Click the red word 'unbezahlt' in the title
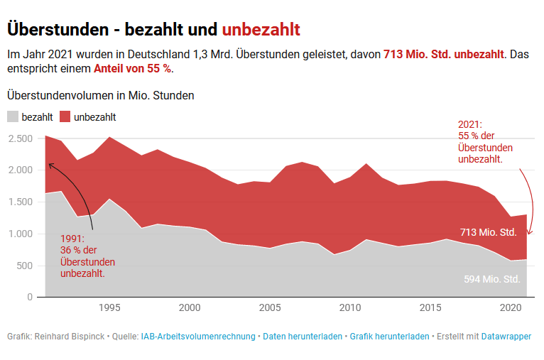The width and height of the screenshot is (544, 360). (261, 29)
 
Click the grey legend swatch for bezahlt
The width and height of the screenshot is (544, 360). (13, 117)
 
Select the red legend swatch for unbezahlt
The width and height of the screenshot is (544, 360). (65, 117)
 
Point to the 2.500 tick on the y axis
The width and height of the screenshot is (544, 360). (21, 138)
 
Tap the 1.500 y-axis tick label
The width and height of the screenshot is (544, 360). (21, 202)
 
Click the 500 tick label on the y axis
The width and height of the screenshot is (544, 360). (25, 266)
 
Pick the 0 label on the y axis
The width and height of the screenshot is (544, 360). (30, 297)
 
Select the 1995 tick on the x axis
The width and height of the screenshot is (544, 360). (109, 308)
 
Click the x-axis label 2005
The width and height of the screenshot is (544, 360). (269, 308)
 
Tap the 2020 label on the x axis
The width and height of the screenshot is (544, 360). (509, 308)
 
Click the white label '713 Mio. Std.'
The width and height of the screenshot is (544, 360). (489, 232)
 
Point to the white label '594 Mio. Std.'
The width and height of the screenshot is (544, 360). (492, 279)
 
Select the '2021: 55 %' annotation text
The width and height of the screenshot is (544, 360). (485, 141)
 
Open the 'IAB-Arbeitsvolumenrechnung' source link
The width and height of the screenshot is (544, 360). (198, 336)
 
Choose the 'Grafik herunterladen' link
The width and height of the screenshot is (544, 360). (389, 336)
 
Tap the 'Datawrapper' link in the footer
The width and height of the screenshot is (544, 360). (506, 336)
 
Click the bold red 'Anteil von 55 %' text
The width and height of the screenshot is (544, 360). (132, 69)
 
